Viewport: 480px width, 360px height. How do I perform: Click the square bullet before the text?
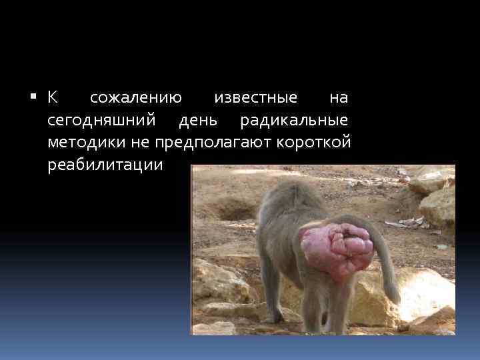click(x=34, y=98)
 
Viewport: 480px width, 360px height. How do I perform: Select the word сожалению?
click(x=136, y=98)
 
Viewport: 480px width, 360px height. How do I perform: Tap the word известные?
click(x=255, y=98)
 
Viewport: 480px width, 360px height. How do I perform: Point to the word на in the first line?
click(x=339, y=98)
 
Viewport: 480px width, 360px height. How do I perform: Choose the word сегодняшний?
click(x=102, y=121)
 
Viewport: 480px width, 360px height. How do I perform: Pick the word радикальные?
click(x=294, y=121)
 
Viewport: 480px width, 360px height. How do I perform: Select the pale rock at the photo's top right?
click(x=437, y=200)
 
